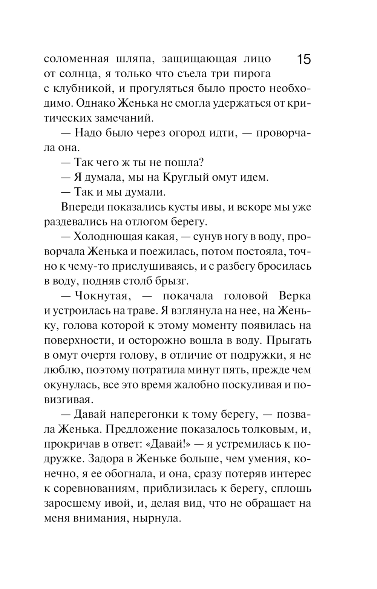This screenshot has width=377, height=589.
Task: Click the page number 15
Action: click(x=303, y=60)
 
